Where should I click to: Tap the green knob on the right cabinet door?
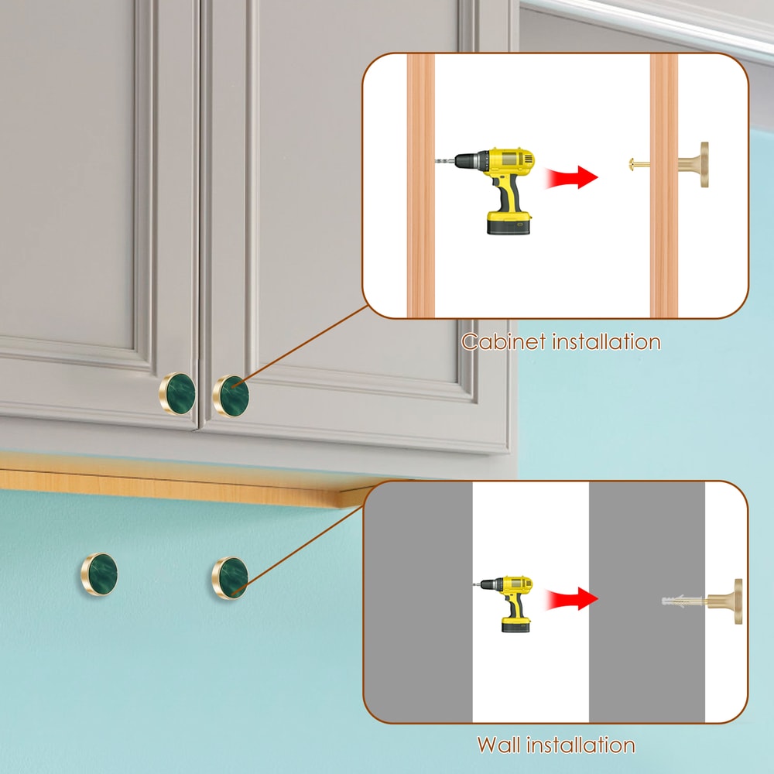coord(231,395)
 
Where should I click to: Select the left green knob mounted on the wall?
coord(100,574)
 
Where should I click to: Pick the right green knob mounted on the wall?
coord(231,577)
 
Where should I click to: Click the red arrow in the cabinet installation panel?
coord(572,177)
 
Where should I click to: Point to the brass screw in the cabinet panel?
coord(640,164)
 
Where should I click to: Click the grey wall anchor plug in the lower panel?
coord(682,601)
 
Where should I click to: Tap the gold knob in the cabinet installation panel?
coord(696,164)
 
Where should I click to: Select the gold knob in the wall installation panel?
coord(728,600)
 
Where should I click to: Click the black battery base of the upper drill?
coord(508,224)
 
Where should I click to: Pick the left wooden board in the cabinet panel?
coord(421,186)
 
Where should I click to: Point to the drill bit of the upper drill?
coord(445,162)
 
